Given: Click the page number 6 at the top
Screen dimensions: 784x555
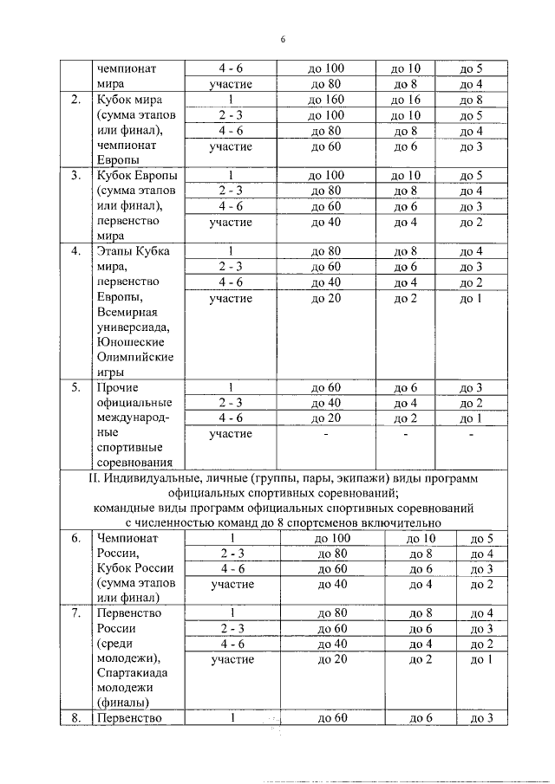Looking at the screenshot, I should pos(283,39).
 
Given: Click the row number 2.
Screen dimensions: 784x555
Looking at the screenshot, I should pos(76,100).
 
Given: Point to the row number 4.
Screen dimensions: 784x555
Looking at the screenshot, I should pos(76,252).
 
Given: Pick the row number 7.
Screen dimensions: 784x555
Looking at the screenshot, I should pos(76,613).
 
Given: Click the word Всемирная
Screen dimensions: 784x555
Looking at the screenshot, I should pos(129,314).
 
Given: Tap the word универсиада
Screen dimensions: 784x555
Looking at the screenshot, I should pos(134,328).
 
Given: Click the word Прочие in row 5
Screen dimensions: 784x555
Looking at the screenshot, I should pos(118,387).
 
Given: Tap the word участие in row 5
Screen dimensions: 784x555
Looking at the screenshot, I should pos(231,434).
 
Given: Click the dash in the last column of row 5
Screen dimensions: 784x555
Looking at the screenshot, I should pos(471,434).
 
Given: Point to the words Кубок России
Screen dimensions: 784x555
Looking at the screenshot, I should pos(134,567).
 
